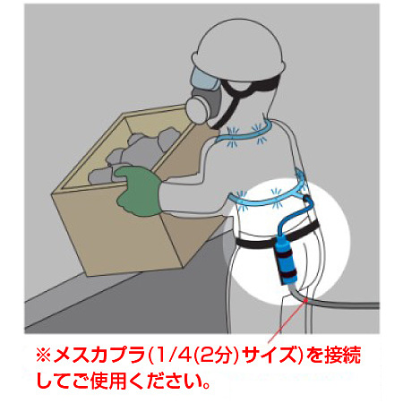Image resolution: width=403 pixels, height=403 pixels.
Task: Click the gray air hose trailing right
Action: coord(358,310)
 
